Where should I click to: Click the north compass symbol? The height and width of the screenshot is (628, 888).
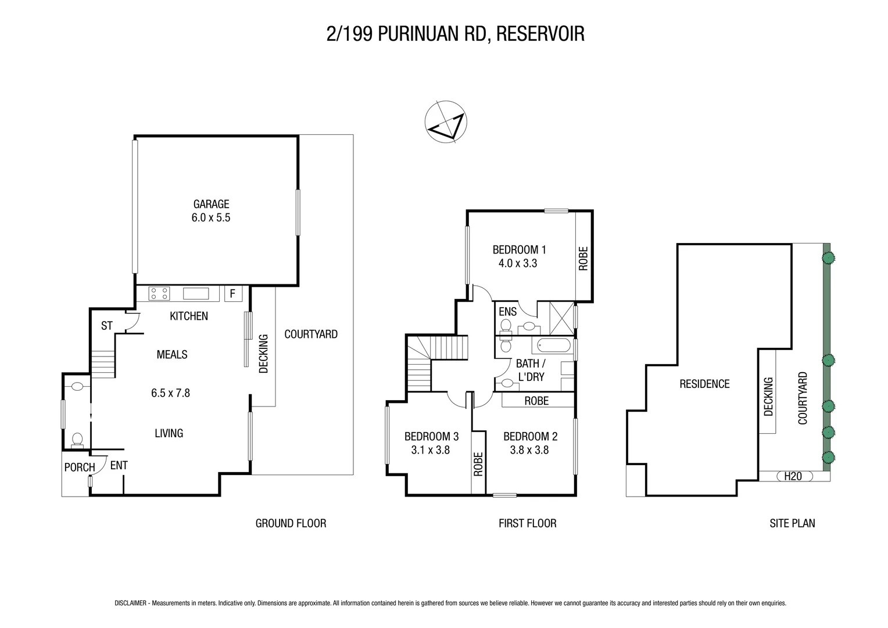445,122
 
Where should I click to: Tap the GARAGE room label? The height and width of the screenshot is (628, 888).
211,204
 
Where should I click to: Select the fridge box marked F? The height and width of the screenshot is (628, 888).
232,294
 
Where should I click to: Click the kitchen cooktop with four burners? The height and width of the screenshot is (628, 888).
159,294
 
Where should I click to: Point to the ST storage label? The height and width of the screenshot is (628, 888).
106,326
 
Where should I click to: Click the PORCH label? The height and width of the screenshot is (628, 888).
79,467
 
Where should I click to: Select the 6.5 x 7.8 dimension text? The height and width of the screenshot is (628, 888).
170,393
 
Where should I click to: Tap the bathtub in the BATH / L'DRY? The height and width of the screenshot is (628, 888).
553,347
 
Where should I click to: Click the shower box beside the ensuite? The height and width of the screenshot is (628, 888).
554,317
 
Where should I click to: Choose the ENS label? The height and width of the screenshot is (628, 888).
507,312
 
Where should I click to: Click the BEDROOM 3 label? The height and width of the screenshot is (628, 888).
431,436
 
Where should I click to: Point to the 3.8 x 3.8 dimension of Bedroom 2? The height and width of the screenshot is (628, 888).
529,449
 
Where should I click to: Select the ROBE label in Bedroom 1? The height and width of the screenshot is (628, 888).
583,258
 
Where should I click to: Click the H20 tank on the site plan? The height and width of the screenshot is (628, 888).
793,476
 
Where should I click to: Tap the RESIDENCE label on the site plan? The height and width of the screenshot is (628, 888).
704,384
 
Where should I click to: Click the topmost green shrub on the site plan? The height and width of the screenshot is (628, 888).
828,256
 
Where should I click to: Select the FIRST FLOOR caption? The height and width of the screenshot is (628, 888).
527,523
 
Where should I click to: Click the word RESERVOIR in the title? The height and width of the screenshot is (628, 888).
540,34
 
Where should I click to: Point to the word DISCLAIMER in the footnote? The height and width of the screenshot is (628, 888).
131,604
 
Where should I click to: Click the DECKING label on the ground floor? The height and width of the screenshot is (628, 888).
263,353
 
